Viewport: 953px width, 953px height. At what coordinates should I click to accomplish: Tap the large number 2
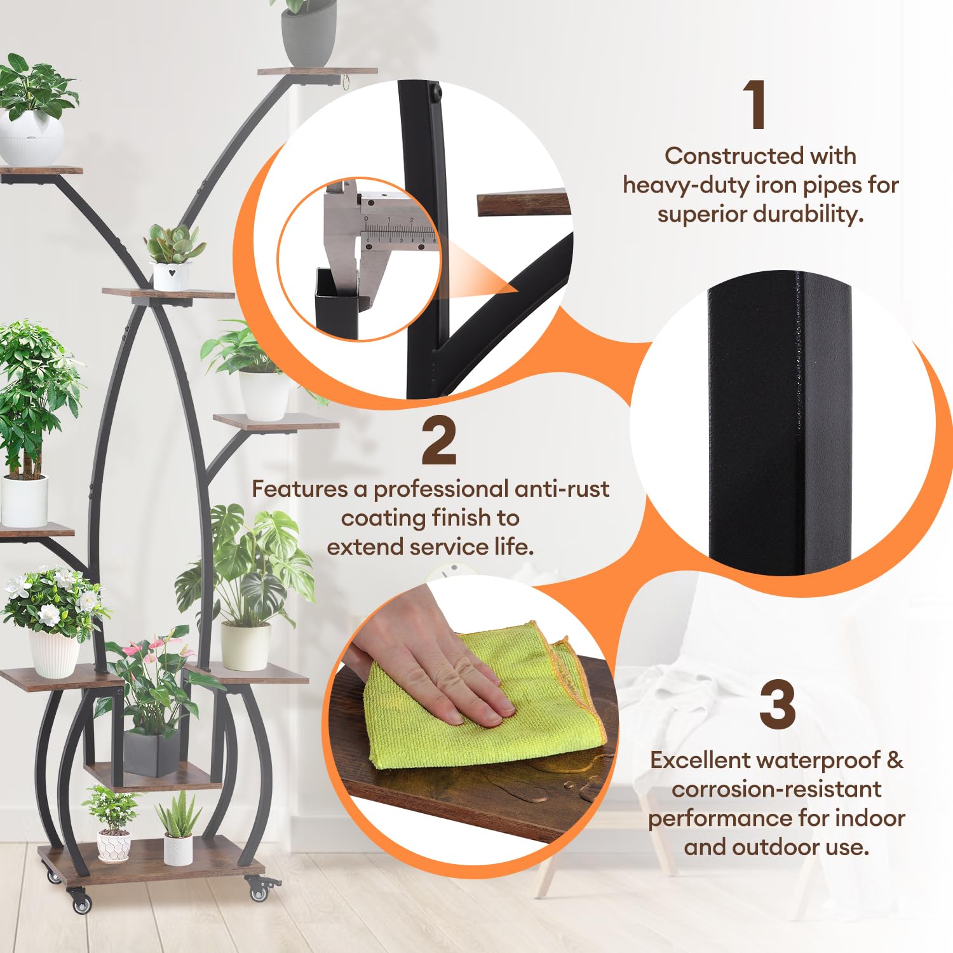(439, 441)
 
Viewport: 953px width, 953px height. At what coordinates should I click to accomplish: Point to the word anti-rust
(562, 489)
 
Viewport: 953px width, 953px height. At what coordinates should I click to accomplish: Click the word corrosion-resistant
(776, 789)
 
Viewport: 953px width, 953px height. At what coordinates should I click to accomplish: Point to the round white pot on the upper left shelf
(31, 139)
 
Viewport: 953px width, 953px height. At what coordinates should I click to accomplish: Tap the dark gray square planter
(151, 755)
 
